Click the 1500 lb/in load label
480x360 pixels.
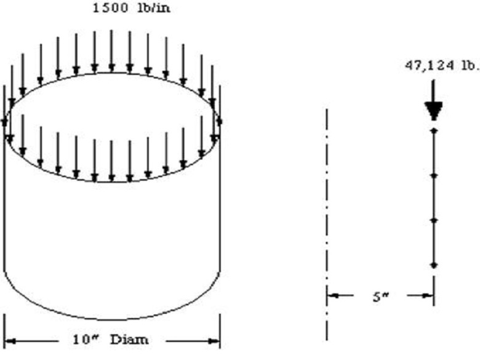[131, 8]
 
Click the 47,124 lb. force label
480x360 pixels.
[442, 66]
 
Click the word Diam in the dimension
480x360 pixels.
[129, 340]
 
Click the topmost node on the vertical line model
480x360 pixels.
[433, 130]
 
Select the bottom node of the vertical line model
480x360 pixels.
[433, 265]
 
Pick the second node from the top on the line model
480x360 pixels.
[433, 175]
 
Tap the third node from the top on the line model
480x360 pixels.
[433, 220]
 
